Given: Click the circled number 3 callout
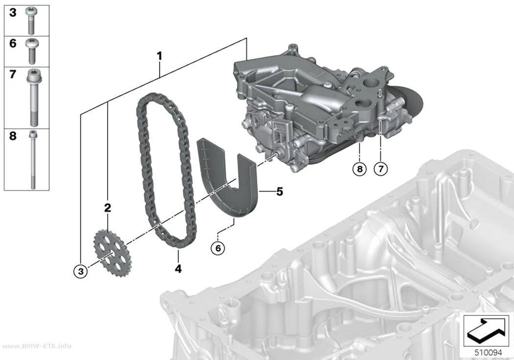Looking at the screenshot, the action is pyautogui.click(x=81, y=271).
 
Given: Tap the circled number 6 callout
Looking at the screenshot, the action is pyautogui.click(x=218, y=248).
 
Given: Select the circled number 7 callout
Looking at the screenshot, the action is pyautogui.click(x=380, y=169).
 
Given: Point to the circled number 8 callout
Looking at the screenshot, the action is pyautogui.click(x=360, y=169).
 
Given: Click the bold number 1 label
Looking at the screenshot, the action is pyautogui.click(x=159, y=56).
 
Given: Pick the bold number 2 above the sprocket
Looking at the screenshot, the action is pyautogui.click(x=108, y=208).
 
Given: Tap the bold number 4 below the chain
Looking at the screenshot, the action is pyautogui.click(x=178, y=269).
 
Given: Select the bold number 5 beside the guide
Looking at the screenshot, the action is pyautogui.click(x=280, y=192).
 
